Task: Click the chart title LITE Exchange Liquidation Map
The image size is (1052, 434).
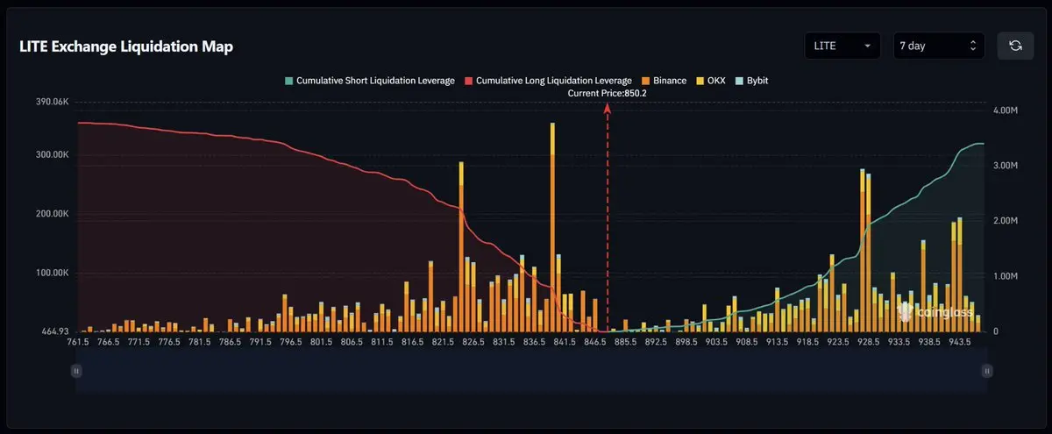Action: (126, 46)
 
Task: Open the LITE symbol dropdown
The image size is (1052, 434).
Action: (842, 46)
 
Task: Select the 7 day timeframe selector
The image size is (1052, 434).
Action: (938, 46)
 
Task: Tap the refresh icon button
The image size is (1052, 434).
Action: (1015, 46)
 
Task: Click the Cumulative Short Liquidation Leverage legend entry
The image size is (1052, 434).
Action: (370, 81)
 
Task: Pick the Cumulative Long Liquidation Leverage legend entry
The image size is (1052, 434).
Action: (548, 81)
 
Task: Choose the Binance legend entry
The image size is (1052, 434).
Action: (665, 81)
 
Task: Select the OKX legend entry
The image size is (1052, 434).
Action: (711, 81)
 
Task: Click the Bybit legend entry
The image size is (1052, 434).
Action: (752, 81)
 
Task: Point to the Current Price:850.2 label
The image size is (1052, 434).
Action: (607, 93)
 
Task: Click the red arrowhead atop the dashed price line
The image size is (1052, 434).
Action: (608, 109)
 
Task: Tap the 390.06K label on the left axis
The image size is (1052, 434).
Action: (52, 102)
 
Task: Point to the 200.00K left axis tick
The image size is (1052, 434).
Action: (52, 214)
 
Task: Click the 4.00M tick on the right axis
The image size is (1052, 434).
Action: (1006, 110)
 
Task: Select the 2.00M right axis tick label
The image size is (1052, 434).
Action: (1006, 221)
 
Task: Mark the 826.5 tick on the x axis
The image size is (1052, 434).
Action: (473, 342)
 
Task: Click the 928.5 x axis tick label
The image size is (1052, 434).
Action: (869, 342)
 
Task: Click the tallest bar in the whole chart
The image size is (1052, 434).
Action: (552, 227)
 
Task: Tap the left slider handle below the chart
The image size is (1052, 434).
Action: (76, 371)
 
